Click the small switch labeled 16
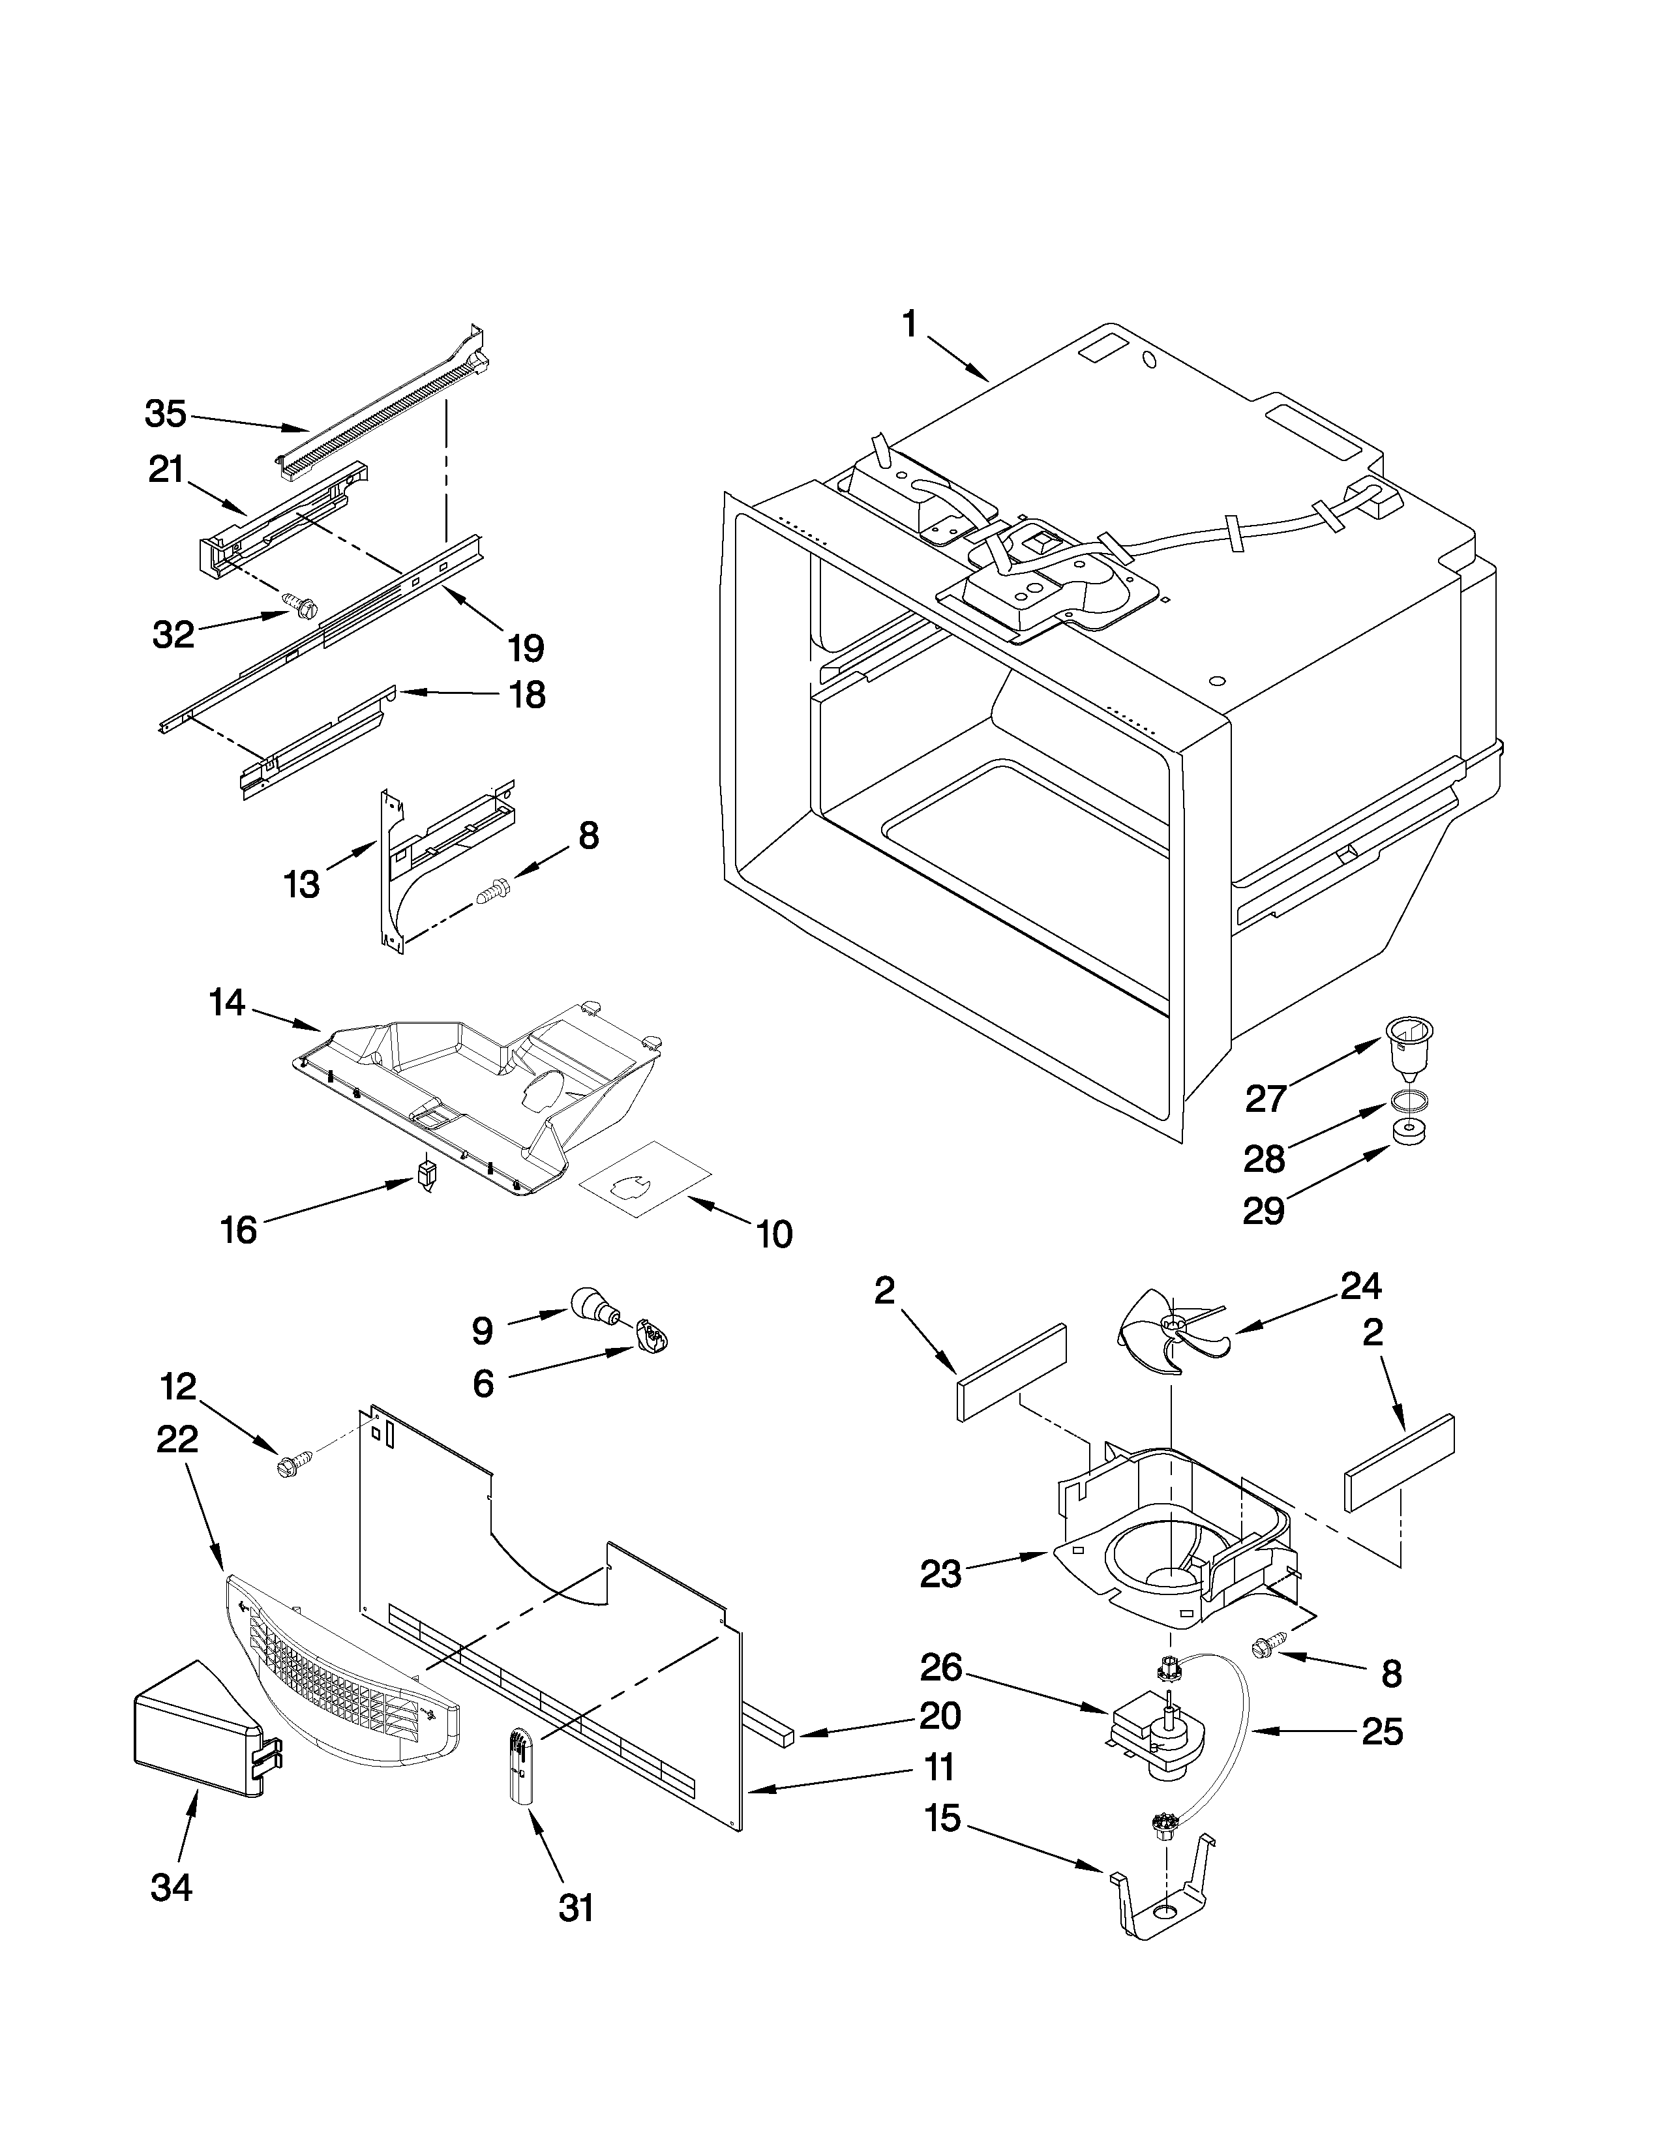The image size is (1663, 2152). coord(426,1174)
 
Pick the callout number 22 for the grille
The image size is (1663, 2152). coord(177,1440)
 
